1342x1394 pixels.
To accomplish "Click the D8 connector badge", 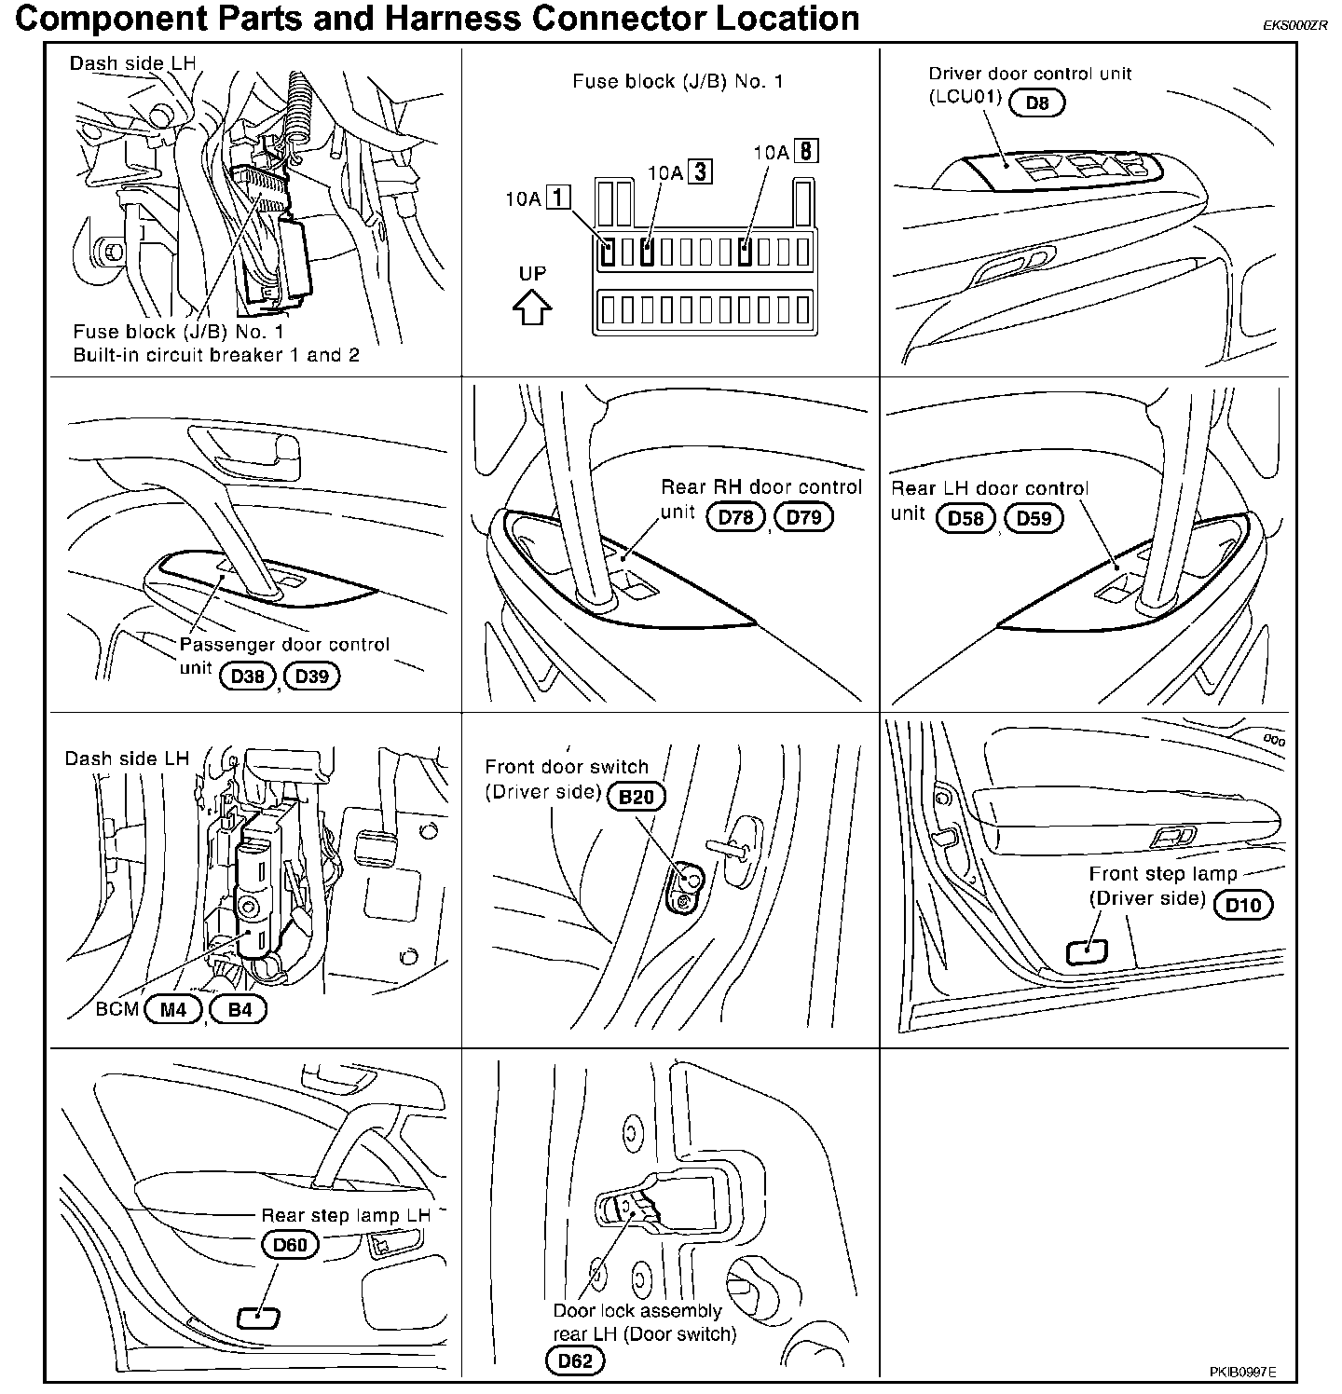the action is [x=1036, y=102].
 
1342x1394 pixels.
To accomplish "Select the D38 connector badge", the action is [x=248, y=676].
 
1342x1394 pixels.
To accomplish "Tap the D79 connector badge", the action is [x=804, y=517].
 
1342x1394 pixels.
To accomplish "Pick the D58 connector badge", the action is [x=966, y=518].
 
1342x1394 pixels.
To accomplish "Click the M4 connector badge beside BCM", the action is [x=173, y=1009].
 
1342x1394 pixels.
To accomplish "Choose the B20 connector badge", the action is [x=636, y=797].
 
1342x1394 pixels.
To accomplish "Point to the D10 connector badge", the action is [x=1243, y=904].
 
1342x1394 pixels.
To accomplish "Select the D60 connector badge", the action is [x=290, y=1245].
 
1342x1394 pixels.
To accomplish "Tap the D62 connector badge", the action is [x=575, y=1361].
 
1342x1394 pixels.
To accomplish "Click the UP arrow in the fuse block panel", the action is [x=532, y=307].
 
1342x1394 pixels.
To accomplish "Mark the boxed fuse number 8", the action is [x=806, y=151].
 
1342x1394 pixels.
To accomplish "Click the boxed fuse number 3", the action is [x=700, y=171].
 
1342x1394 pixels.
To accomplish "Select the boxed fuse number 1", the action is [x=558, y=198].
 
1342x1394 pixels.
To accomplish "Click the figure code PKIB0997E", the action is [x=1243, y=1372].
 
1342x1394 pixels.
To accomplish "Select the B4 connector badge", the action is [x=240, y=1009].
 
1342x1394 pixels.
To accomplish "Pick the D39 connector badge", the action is [x=312, y=676].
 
